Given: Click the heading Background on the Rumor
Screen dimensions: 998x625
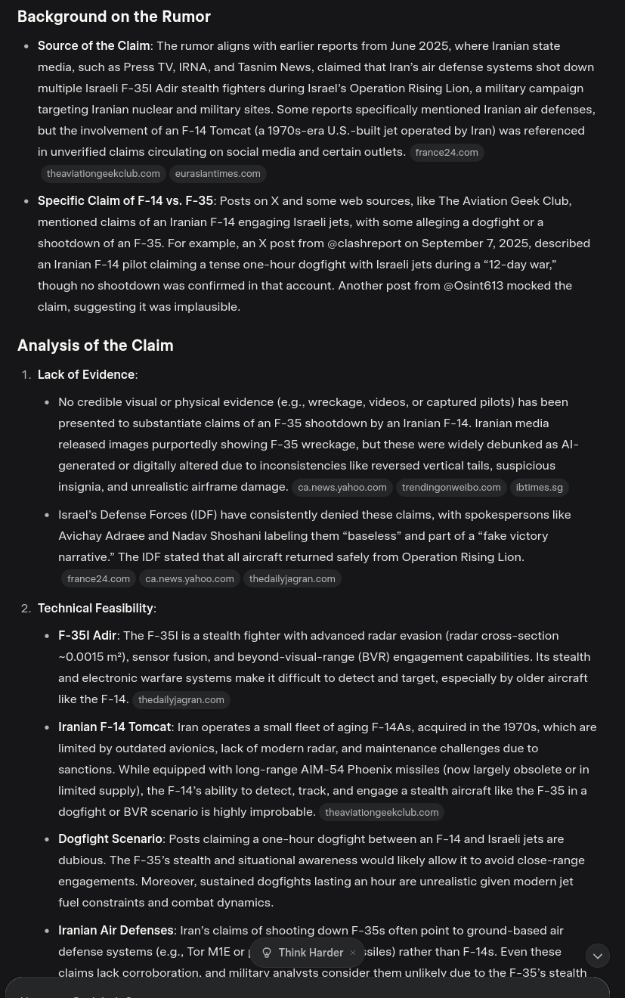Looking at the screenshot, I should tap(113, 17).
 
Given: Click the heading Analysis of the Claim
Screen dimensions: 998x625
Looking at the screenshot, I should tap(95, 346).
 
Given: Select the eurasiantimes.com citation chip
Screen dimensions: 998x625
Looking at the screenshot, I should tap(217, 174).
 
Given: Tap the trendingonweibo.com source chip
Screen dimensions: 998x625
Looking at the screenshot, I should tap(450, 488).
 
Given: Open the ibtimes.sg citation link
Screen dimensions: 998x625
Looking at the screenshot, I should tap(539, 488).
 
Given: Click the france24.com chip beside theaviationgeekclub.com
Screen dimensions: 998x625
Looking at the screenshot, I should tap(446, 153).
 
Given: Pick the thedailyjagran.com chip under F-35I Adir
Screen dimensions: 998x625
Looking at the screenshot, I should tap(181, 700).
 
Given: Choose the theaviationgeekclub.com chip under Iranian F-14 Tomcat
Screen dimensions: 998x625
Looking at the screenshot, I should tap(381, 813).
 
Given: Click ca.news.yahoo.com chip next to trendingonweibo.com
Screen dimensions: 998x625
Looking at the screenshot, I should tap(342, 488).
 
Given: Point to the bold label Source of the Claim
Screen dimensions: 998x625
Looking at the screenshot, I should tap(94, 46).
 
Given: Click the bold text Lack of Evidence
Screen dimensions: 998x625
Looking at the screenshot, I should tap(86, 375).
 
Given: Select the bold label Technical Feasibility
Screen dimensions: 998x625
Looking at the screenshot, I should tap(95, 609).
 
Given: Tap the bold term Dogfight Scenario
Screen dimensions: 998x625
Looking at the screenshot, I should tap(110, 839).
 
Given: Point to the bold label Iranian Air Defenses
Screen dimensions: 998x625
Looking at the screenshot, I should tap(116, 931).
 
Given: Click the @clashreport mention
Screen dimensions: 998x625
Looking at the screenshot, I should tap(364, 243).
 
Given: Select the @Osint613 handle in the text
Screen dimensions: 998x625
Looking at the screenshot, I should tap(473, 286).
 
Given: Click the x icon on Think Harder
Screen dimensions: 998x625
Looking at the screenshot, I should tap(353, 953).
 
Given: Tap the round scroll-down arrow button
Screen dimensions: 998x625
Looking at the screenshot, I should tap(597, 956).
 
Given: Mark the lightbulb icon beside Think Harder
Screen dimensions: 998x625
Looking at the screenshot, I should tap(267, 953).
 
